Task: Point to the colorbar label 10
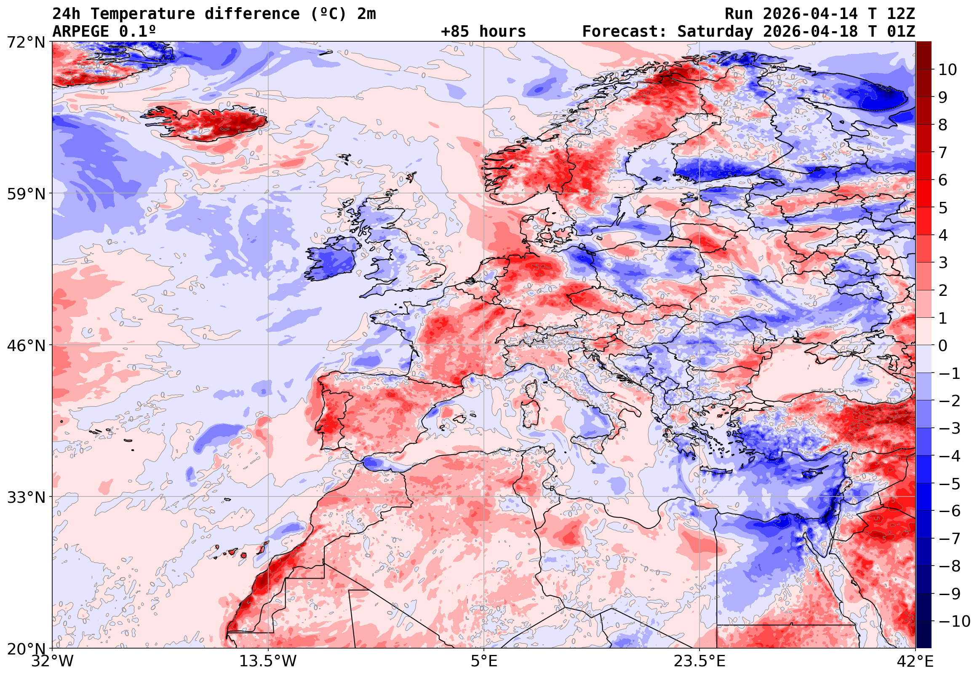(948, 70)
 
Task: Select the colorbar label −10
(954, 621)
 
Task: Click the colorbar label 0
(943, 346)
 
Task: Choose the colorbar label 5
(943, 208)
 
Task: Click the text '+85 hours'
(483, 32)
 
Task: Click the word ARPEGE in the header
(81, 32)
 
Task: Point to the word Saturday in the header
(715, 32)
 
